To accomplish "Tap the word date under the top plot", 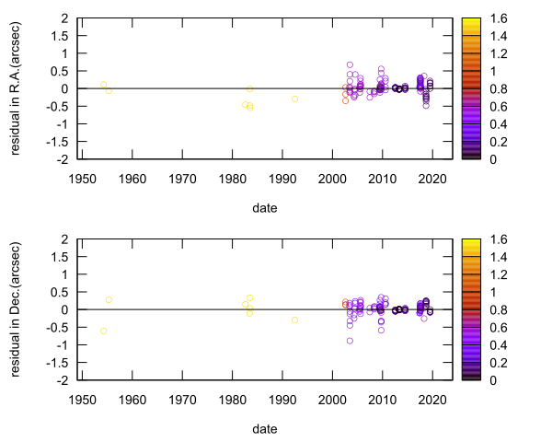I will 265,208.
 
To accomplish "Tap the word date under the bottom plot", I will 265,429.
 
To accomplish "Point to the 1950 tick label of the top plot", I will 83,178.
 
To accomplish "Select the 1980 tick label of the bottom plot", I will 233,399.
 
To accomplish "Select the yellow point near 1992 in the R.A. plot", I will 294,99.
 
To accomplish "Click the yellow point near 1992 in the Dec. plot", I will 294,320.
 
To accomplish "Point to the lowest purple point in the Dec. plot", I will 350,341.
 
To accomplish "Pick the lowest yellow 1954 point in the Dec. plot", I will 103,331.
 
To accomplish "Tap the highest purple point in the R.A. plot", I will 350,64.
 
